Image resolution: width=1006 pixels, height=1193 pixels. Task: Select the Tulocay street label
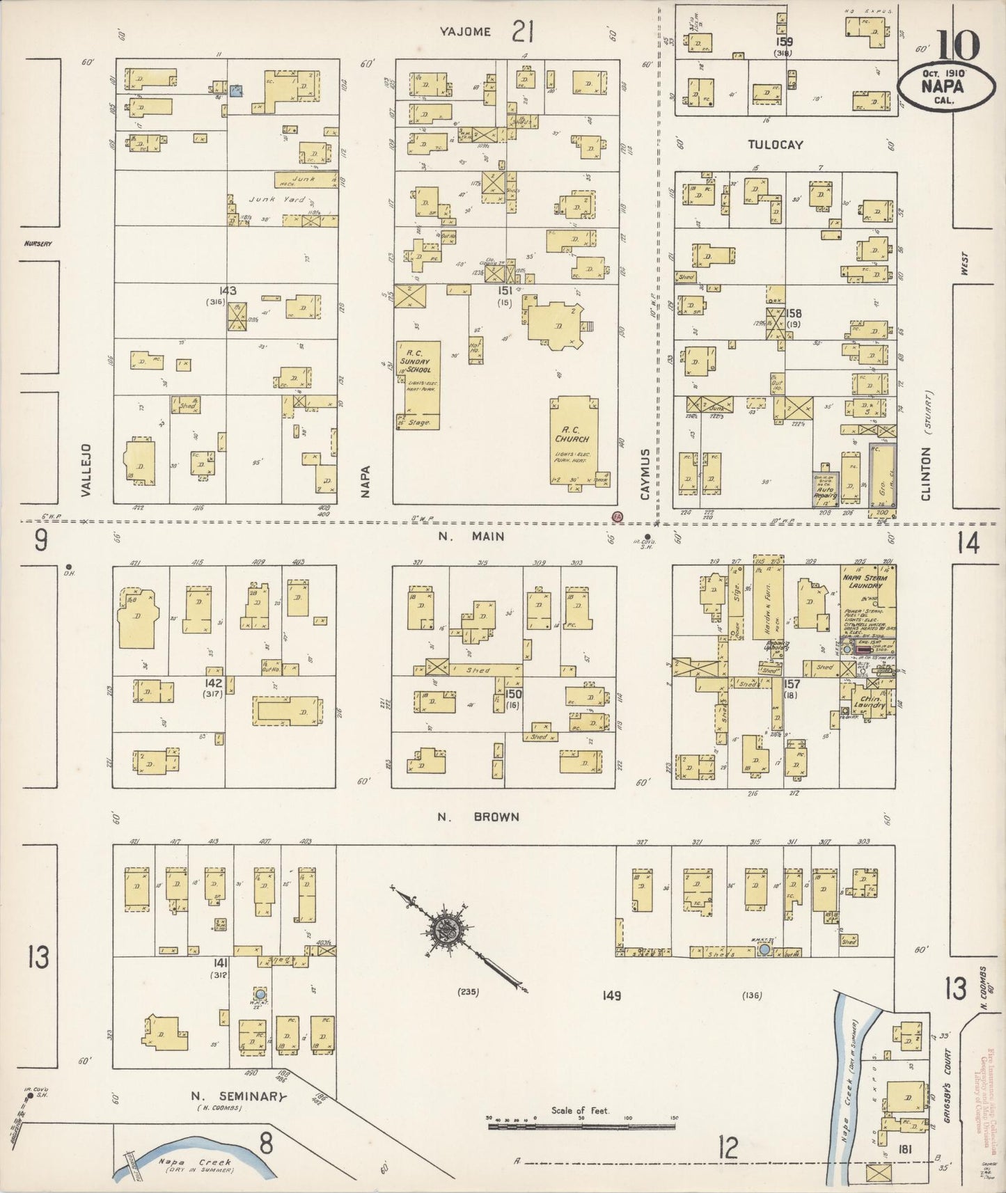pos(775,145)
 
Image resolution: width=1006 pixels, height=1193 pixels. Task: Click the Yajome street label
pos(466,31)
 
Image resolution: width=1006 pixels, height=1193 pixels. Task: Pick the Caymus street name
pos(645,473)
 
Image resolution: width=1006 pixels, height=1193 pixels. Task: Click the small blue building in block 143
pos(237,90)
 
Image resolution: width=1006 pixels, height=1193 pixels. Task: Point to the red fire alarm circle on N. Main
pos(616,516)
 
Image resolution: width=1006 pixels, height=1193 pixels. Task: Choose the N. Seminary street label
pos(239,1096)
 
